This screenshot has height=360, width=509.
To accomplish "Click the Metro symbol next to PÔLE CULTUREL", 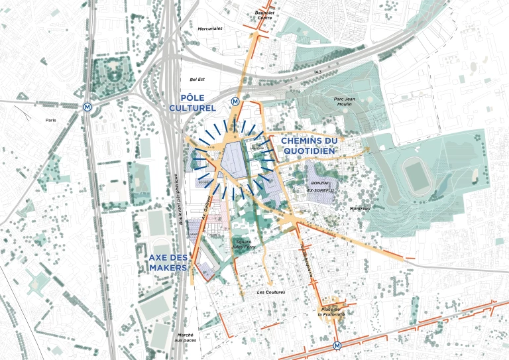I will pyautogui.click(x=235, y=101).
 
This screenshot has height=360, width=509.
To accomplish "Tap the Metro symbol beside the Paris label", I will pyautogui.click(x=87, y=106).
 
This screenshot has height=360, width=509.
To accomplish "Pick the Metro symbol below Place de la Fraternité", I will pyautogui.click(x=337, y=345).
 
